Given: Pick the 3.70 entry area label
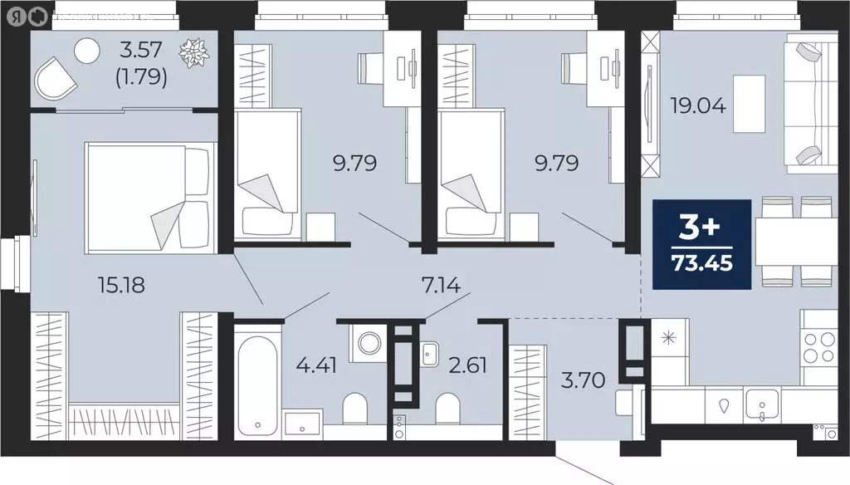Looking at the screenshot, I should pyautogui.click(x=587, y=380).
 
